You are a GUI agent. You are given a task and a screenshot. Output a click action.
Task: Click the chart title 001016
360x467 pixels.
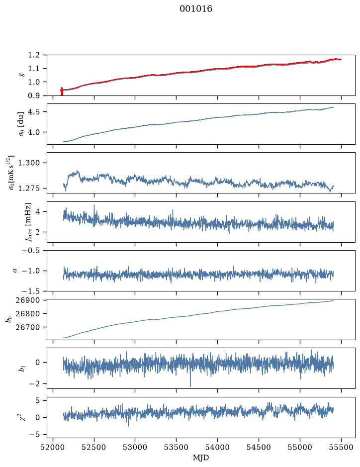click(x=195, y=9)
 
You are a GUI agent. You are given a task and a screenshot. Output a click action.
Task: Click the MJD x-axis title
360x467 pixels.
click(x=201, y=458)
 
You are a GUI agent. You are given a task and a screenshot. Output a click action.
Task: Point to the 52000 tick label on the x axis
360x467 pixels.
click(x=53, y=447)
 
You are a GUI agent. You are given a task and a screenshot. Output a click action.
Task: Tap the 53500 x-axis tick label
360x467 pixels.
click(x=177, y=447)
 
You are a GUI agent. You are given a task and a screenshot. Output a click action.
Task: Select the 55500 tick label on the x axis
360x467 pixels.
click(x=341, y=447)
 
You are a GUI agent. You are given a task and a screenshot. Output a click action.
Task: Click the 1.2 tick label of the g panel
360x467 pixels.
click(x=34, y=55)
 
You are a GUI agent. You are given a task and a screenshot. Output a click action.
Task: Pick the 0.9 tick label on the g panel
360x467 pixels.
click(x=34, y=95)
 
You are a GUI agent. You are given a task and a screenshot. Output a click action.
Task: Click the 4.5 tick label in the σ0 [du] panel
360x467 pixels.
click(x=34, y=112)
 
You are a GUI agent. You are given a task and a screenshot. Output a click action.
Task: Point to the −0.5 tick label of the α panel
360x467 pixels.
click(x=31, y=250)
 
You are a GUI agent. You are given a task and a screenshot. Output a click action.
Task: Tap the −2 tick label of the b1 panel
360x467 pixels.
click(x=34, y=383)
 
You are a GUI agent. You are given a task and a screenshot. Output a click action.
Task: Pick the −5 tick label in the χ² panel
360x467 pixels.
click(x=34, y=435)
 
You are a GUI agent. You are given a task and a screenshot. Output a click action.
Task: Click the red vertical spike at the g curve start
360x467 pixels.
click(x=62, y=92)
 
